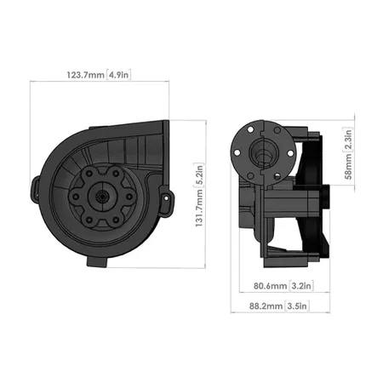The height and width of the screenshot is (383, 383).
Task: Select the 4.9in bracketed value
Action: (119, 76)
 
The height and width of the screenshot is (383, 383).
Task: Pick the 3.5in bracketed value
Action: (295, 305)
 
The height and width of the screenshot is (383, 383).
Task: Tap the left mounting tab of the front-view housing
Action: (36, 186)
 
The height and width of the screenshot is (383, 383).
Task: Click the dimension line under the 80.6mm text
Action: (274, 294)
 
